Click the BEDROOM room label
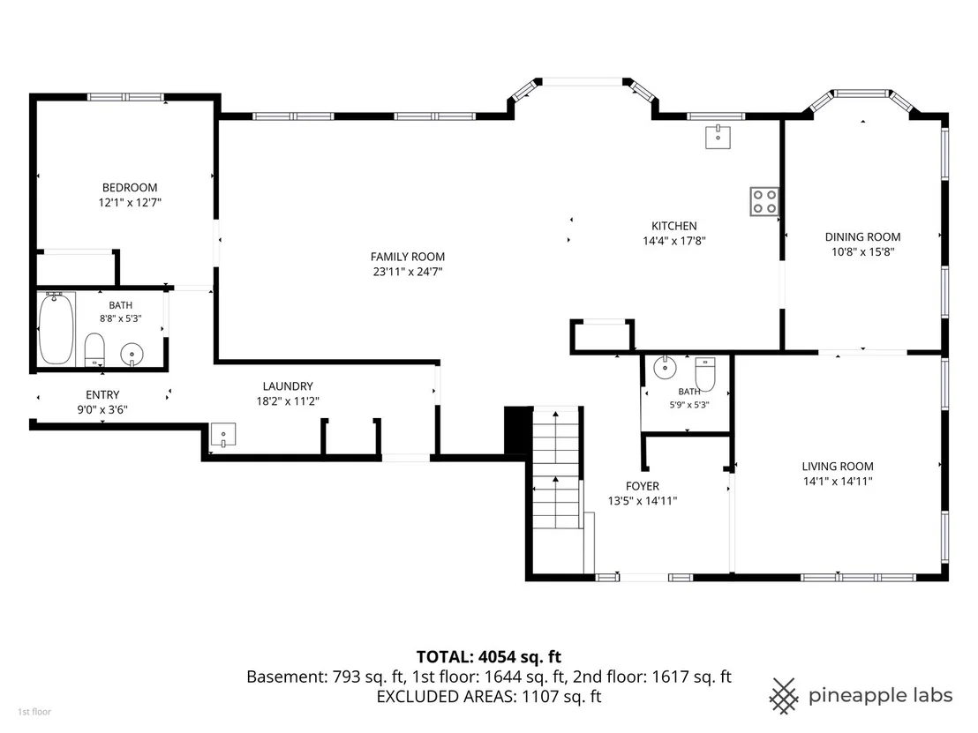point(130,188)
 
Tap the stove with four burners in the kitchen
point(764,201)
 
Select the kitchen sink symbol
point(718,137)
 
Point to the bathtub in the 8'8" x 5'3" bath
point(56,328)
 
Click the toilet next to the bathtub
point(94,349)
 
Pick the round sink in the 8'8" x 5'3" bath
point(132,355)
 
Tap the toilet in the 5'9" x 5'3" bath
point(704,373)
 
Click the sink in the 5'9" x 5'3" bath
point(665,368)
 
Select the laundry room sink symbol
point(223,435)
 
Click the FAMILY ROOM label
point(407,257)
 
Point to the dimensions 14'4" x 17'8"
point(673,241)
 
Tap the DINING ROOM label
point(862,237)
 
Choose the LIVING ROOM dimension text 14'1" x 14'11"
point(837,482)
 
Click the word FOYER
point(643,486)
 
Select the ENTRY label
point(102,395)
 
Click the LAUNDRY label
point(288,386)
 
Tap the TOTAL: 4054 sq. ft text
point(488,657)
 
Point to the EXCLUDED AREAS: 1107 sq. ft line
point(488,696)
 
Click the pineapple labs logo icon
point(784,696)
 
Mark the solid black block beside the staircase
point(517,430)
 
